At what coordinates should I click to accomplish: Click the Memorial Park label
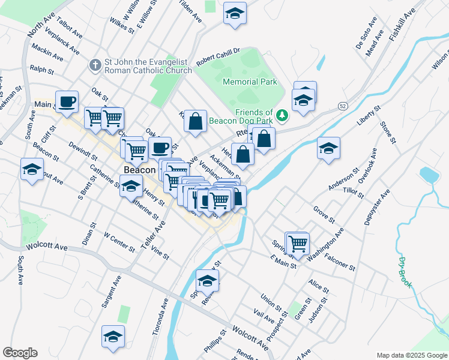(x=250, y=82)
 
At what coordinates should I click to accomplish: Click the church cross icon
(x=95, y=64)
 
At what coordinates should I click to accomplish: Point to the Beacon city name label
(x=140, y=170)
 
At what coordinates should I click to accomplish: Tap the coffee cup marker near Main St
(x=67, y=101)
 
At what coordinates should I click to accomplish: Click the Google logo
(x=20, y=352)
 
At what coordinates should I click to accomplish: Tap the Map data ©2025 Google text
(x=411, y=355)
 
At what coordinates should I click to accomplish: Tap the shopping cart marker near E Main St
(x=298, y=244)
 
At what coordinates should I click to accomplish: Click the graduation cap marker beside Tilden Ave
(x=235, y=13)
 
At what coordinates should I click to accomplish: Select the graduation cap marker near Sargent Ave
(x=112, y=337)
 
